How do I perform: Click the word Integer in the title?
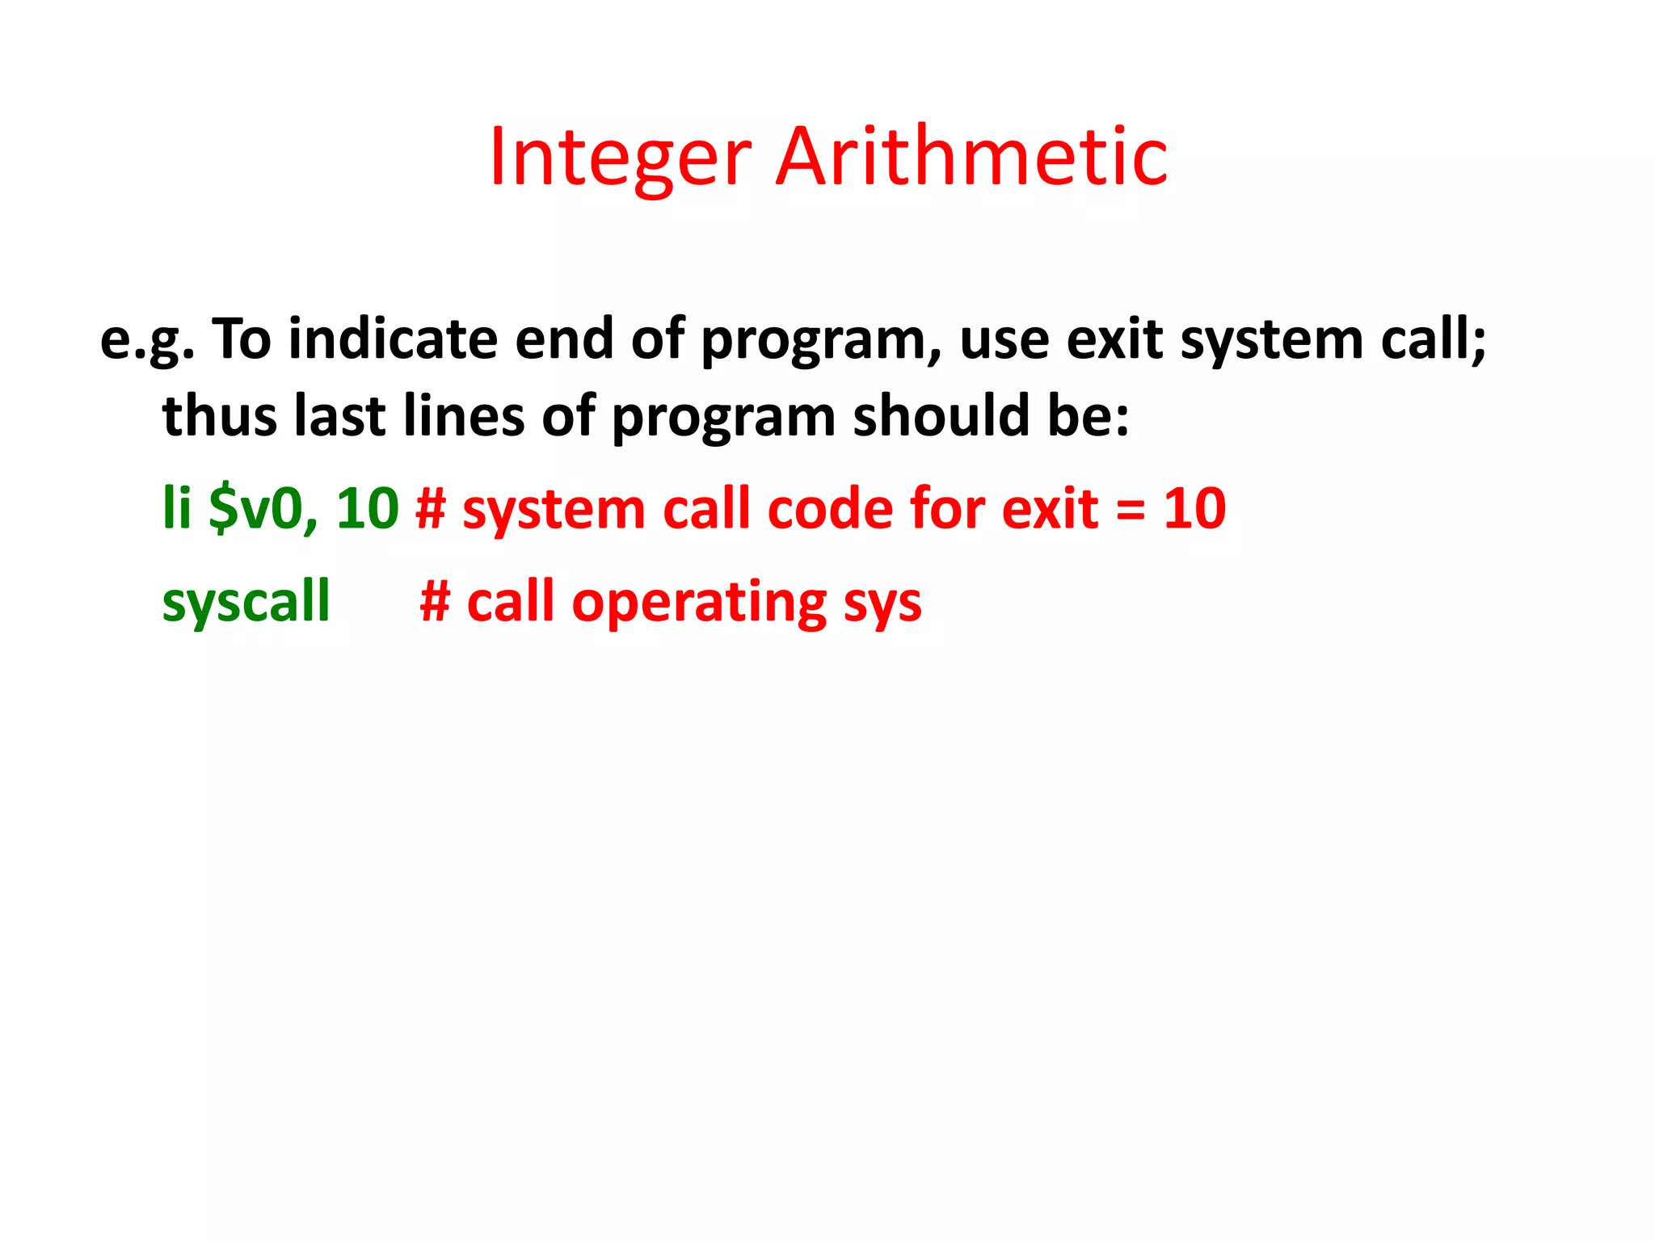click(621, 158)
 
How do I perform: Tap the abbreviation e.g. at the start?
click(147, 339)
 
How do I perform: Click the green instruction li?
click(177, 508)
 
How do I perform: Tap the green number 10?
click(368, 508)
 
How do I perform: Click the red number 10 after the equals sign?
click(1194, 508)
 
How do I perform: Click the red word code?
click(830, 508)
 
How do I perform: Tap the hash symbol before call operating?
click(435, 601)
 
